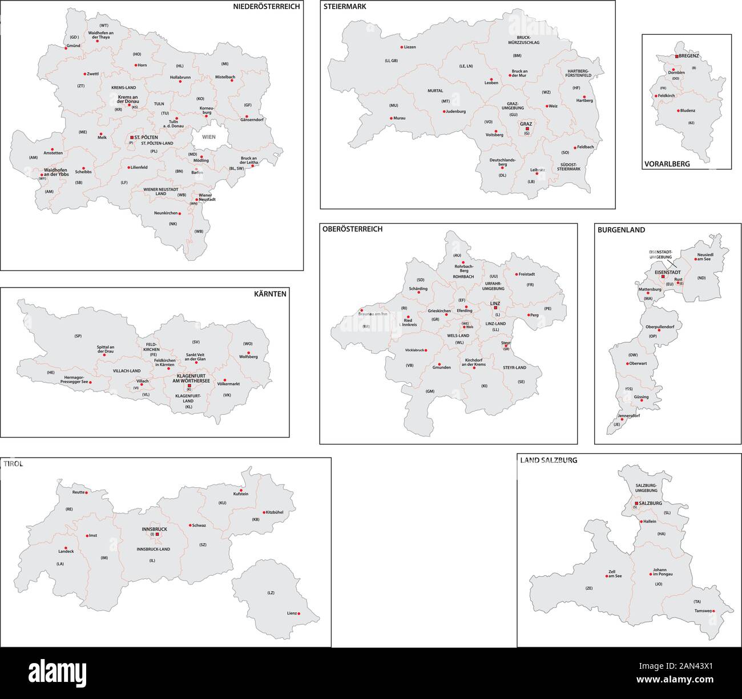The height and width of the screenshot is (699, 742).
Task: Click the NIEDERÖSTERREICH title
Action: (x=267, y=7)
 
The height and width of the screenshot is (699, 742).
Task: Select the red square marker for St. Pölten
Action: (x=132, y=138)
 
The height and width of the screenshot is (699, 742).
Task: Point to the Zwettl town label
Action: (x=93, y=74)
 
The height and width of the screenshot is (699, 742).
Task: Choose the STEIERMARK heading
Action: (x=345, y=7)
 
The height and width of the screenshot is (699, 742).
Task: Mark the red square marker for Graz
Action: (x=527, y=129)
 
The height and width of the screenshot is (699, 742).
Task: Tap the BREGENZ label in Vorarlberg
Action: (x=689, y=56)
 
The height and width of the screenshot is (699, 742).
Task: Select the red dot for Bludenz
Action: (x=678, y=111)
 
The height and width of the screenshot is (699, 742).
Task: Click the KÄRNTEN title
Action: (x=271, y=294)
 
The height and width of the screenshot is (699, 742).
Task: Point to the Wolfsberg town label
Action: (x=249, y=357)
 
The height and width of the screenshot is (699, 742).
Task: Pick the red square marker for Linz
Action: (x=495, y=308)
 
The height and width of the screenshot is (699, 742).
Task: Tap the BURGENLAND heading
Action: (x=621, y=230)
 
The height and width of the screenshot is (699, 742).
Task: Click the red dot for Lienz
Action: (x=300, y=614)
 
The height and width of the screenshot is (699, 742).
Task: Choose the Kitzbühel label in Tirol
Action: (x=273, y=512)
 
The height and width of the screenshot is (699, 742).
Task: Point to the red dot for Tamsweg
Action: (x=713, y=611)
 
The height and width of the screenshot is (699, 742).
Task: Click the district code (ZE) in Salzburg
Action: (x=589, y=588)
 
